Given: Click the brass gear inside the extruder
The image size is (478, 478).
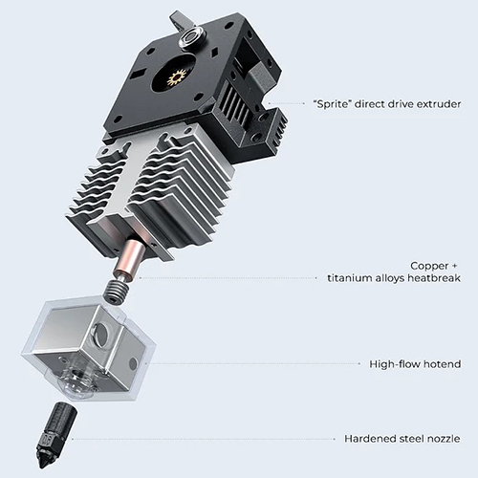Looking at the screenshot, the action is [176, 77].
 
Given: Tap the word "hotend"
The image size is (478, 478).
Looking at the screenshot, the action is [442, 364].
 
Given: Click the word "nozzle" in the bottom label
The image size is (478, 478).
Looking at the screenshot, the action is [444, 439].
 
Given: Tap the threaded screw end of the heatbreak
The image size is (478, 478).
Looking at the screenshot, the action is [118, 290].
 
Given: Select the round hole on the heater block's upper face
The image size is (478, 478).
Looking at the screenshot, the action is [101, 334].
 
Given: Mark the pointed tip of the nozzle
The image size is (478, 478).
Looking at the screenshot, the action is [40, 467].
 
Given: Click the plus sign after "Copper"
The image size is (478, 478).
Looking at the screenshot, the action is [454, 266].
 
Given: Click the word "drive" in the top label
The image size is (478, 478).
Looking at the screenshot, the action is [394, 104].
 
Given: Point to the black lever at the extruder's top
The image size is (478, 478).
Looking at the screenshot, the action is [177, 20].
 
